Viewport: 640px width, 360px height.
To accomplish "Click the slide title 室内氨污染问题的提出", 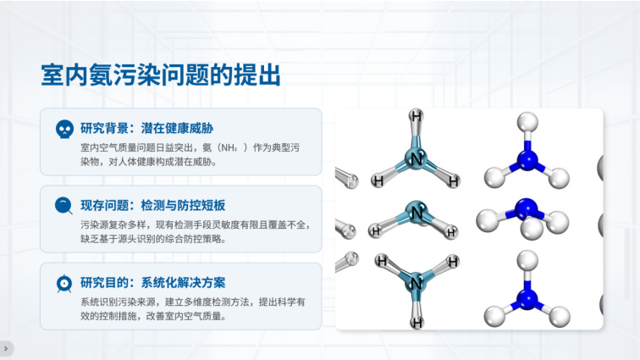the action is click(x=161, y=75).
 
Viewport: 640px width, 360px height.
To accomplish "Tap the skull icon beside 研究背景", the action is click(x=64, y=129).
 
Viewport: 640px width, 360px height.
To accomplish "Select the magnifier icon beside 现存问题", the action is click(x=63, y=206).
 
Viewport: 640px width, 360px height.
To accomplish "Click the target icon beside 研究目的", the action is click(x=64, y=284).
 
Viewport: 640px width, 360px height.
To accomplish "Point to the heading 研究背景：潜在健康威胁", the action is click(x=147, y=128).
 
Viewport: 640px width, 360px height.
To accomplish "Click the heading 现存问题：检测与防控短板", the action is click(x=152, y=206).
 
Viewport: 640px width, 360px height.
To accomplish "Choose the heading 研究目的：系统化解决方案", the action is click(x=152, y=283).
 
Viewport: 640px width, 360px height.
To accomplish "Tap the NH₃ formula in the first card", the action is click(x=229, y=147).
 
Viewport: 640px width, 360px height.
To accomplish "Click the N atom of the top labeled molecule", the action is click(x=416, y=158).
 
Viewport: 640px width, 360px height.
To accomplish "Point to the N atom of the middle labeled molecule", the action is click(x=417, y=213).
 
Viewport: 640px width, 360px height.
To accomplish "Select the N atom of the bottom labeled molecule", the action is click(x=416, y=282).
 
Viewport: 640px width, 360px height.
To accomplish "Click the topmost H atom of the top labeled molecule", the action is click(x=416, y=116).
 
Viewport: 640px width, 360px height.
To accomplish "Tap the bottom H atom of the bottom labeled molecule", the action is click(x=417, y=323).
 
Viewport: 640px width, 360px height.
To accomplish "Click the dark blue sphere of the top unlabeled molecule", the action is click(x=527, y=160).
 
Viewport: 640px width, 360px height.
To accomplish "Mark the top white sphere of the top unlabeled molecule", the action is click(x=527, y=122).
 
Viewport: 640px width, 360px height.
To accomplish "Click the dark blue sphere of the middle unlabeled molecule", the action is click(x=526, y=209).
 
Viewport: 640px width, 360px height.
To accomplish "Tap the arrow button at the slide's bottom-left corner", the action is click(x=6, y=348).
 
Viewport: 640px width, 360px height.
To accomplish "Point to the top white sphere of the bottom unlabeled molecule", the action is click(x=527, y=261).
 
